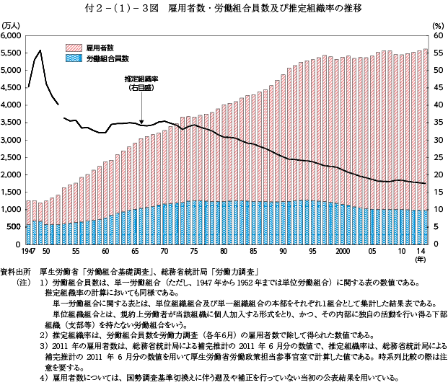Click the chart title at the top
(x=224, y=9)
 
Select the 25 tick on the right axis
(x=438, y=156)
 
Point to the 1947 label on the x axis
(x=28, y=251)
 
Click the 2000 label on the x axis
(x=342, y=251)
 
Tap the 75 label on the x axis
(x=194, y=251)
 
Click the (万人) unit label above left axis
(x=12, y=25)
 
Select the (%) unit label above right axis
(x=437, y=25)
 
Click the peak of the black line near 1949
(x=40, y=50)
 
